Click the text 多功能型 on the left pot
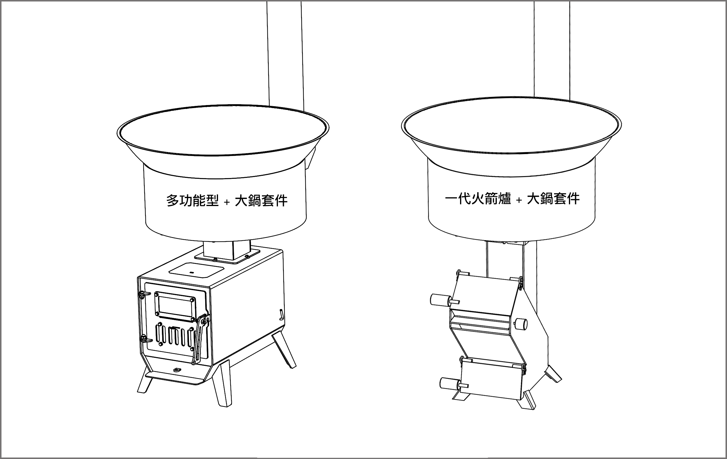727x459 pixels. pyautogui.click(x=192, y=201)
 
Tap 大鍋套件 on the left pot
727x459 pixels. pyautogui.click(x=261, y=201)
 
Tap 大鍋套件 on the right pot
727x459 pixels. pyautogui.click(x=553, y=199)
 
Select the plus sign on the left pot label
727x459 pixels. pyautogui.click(x=227, y=202)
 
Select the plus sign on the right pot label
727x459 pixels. pyautogui.click(x=519, y=200)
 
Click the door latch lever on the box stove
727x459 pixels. pyautogui.click(x=201, y=338)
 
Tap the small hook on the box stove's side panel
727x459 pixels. pyautogui.click(x=281, y=314)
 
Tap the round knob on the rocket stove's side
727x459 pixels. pyautogui.click(x=521, y=323)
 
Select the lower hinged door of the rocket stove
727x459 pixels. pyautogui.click(x=492, y=378)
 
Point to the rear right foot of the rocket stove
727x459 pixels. pyautogui.click(x=553, y=374)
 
